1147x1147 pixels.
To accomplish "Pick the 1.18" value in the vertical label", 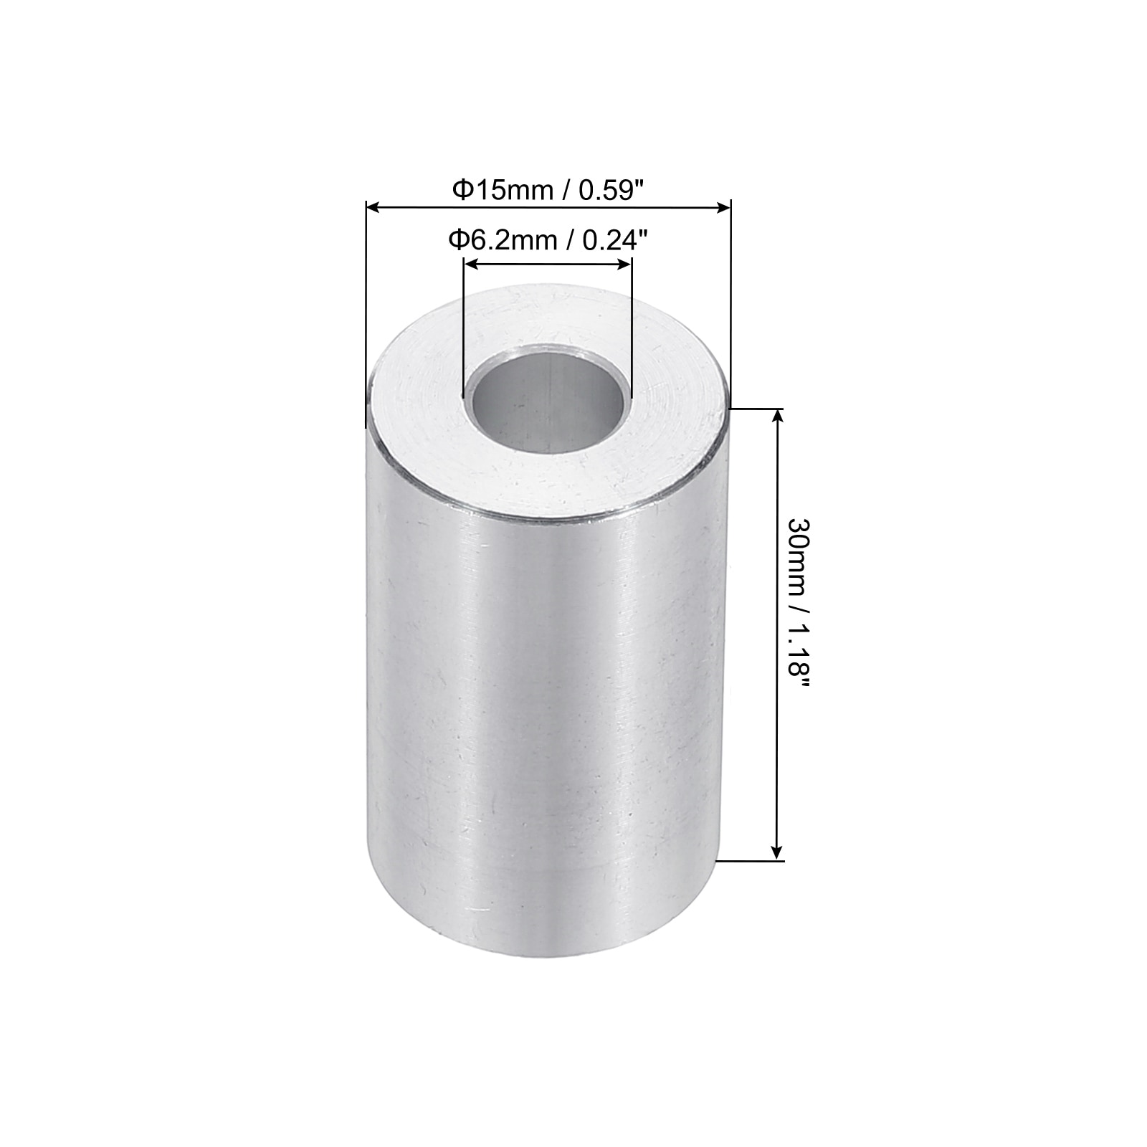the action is tap(797, 657).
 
